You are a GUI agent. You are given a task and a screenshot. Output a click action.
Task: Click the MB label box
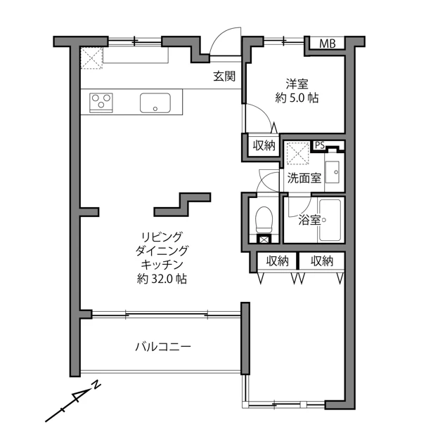coord(327,44)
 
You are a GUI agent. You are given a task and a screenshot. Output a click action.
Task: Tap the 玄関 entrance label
coord(224,76)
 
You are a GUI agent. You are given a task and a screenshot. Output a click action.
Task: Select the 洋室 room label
coord(297,84)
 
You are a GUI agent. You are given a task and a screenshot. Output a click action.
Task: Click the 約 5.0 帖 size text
coord(297,98)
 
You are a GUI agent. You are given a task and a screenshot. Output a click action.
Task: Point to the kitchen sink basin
coord(155,103)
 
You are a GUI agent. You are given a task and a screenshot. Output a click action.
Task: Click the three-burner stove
coord(101,103)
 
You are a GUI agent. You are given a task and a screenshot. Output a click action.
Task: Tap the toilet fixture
coord(264,220)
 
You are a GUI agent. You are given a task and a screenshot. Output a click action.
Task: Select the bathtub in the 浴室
coord(330,220)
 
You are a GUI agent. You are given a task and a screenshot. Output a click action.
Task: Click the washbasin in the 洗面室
coord(333,172)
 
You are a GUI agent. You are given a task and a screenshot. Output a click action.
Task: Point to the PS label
coord(320,145)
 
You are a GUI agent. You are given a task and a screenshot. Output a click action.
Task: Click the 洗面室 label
coord(304,178)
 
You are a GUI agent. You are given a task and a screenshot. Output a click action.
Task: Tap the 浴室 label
coord(309,220)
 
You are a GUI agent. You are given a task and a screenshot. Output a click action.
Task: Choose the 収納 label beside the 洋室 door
coord(264,145)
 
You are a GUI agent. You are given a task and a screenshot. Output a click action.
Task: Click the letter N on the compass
coord(96,385)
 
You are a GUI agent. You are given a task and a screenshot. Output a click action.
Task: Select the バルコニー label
coord(163,346)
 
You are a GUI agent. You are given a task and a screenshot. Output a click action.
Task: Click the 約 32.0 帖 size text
coord(162,279)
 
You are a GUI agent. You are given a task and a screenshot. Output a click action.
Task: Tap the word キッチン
coord(162,265)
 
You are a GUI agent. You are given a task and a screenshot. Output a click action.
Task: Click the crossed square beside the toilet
coord(264,239)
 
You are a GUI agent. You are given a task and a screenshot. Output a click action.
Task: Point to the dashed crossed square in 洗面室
coord(297,154)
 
